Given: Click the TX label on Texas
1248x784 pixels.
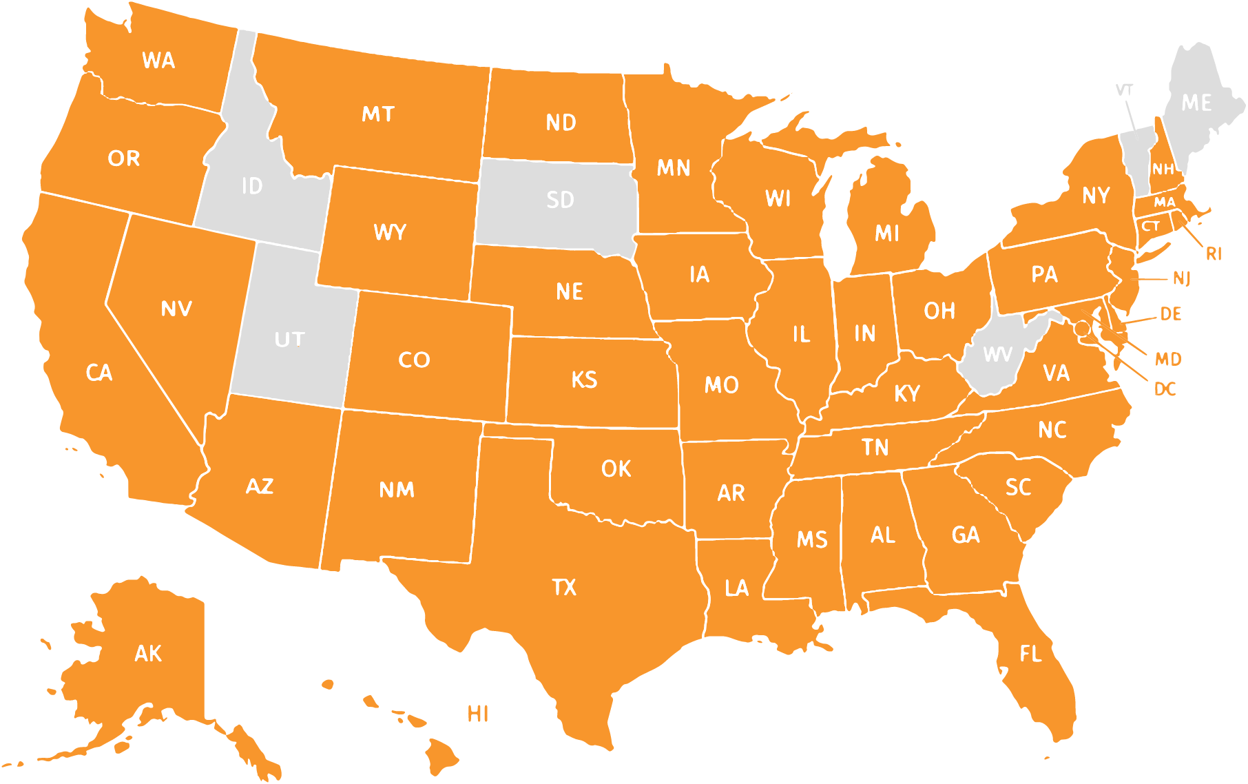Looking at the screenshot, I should tap(564, 587).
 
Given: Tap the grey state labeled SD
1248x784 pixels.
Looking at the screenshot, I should tap(559, 200).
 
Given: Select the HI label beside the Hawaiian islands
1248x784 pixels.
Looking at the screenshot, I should tap(478, 714).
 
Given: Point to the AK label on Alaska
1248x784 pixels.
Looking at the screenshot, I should tap(148, 653).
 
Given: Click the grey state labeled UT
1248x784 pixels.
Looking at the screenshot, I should tap(289, 339).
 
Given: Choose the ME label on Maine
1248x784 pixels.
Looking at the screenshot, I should tap(1196, 103).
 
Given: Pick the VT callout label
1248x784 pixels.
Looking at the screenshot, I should tap(1124, 90).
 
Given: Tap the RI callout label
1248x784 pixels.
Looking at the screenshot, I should tap(1214, 254).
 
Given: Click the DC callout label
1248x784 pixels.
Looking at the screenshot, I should tap(1165, 389).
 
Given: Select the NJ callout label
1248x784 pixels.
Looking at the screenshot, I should tap(1181, 278).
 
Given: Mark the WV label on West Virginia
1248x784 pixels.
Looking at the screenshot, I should tap(997, 354).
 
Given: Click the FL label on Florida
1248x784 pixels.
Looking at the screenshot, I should tap(1031, 653).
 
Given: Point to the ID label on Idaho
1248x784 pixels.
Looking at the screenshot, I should tap(252, 186).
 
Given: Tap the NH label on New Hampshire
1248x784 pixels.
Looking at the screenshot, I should tap(1163, 169).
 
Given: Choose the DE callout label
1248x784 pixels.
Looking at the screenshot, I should tap(1170, 314).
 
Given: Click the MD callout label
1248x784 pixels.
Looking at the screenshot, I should tap(1167, 359).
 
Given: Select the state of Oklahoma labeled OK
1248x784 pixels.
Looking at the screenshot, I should tap(616, 469).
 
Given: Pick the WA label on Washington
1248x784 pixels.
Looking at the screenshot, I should tap(158, 61).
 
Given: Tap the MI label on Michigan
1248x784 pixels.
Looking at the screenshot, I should tap(886, 234).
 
